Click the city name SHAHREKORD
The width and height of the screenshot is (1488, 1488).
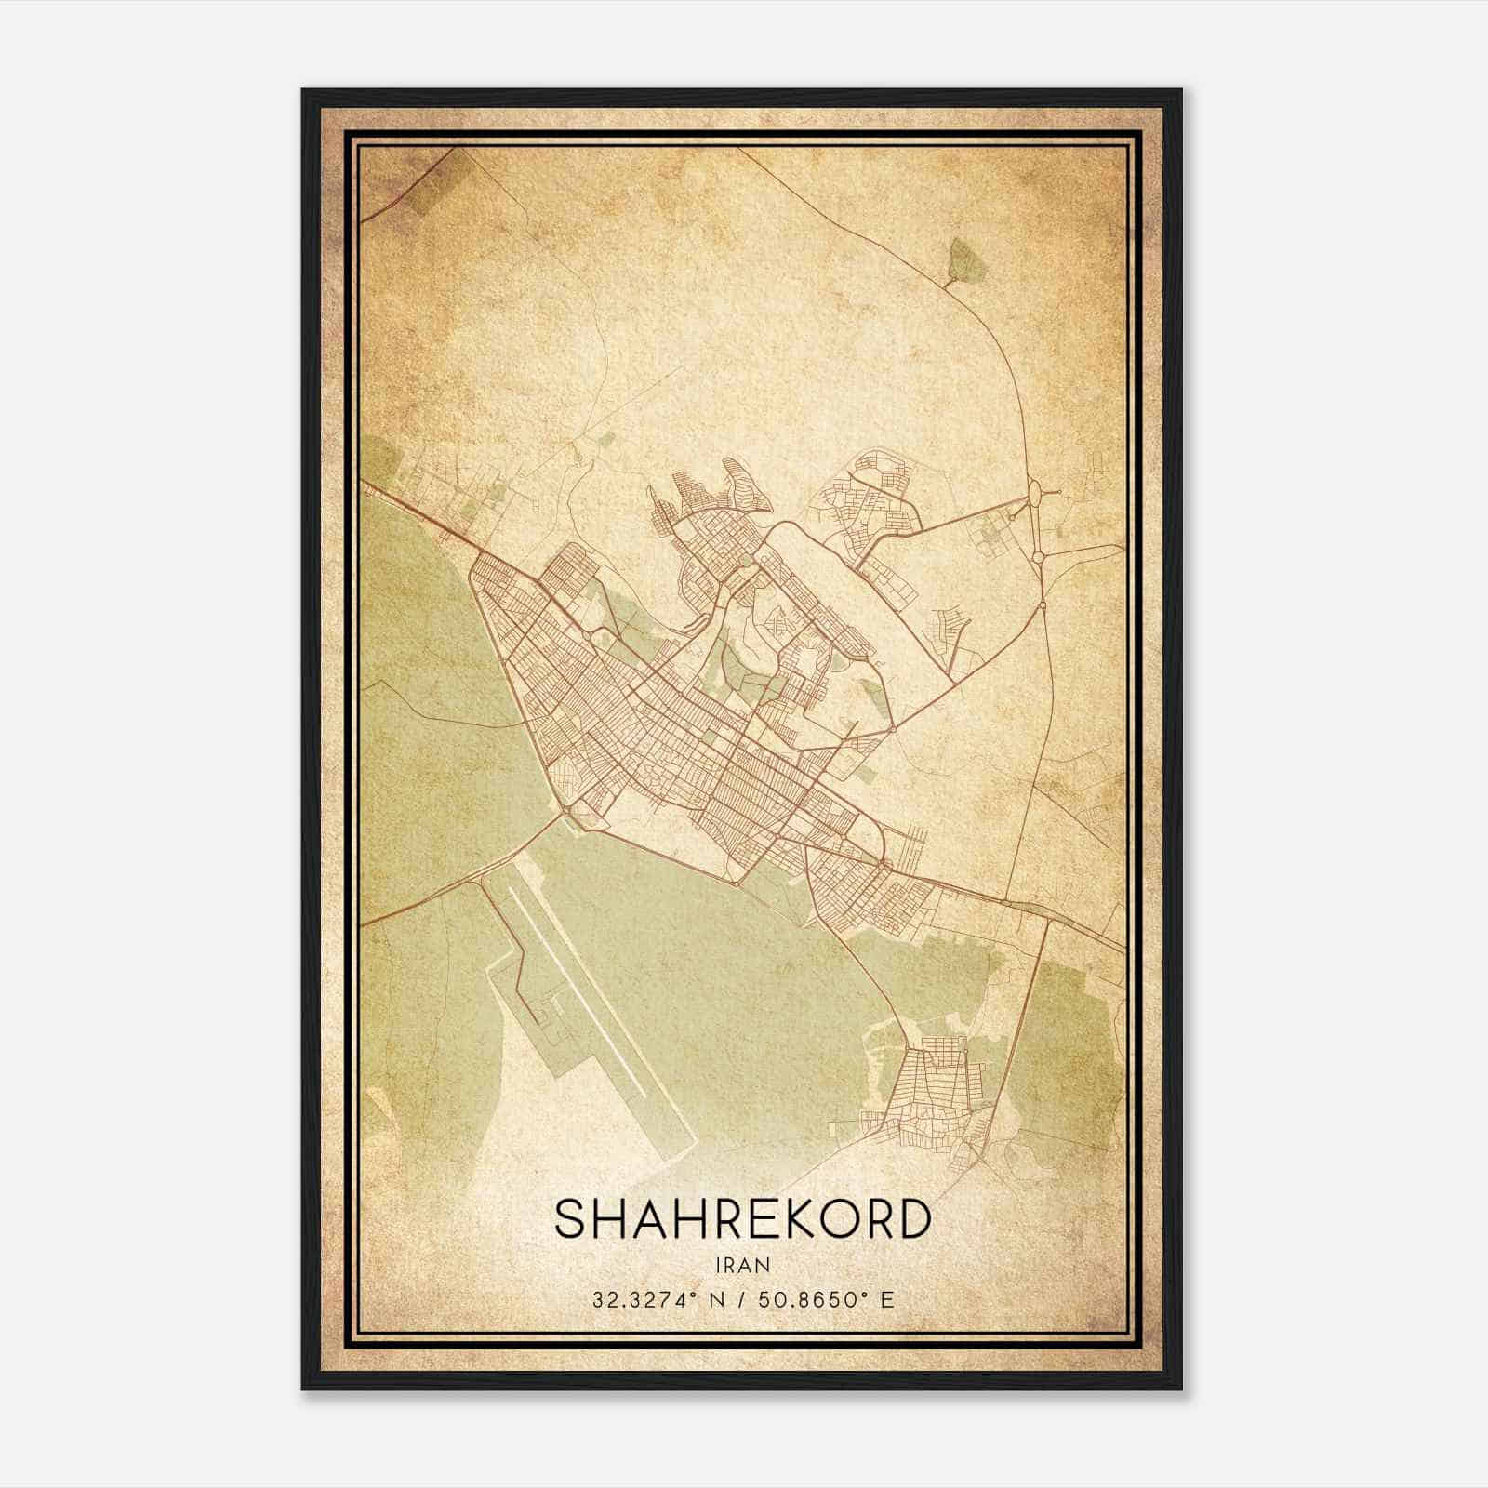742,1219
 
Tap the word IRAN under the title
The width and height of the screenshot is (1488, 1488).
742,1265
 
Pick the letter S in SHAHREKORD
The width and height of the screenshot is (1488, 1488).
569,1219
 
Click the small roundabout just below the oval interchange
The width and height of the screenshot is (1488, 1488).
1038,557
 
